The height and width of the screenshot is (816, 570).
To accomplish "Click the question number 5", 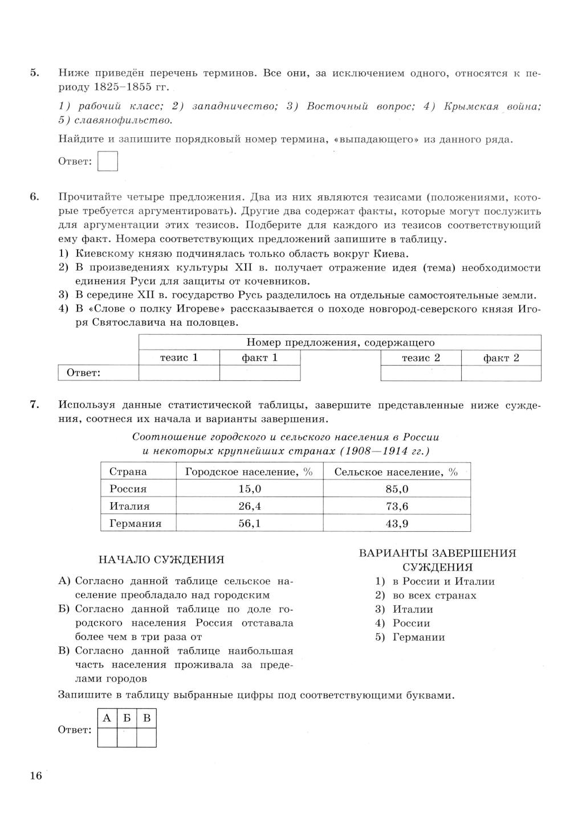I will tap(34, 73).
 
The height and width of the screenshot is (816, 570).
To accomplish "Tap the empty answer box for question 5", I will tap(108, 161).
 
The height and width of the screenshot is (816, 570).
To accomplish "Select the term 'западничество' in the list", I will tap(234, 106).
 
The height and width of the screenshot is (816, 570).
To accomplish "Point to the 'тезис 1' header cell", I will tap(179, 358).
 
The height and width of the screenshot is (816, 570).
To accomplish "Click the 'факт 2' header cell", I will tap(501, 358).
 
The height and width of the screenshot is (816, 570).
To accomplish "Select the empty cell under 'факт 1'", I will tap(260, 373).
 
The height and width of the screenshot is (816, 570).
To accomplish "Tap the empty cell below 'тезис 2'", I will tap(421, 373).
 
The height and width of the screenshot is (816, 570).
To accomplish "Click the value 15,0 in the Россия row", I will tap(249, 489).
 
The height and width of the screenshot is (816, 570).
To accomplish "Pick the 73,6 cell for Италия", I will tap(397, 506).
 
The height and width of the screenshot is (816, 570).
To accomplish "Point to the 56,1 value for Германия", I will tap(249, 523).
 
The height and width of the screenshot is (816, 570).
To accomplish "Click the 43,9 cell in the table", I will tap(397, 523).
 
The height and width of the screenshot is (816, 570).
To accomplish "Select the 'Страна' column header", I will tap(128, 471).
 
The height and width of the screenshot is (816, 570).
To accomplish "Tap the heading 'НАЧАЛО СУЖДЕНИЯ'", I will tap(161, 560).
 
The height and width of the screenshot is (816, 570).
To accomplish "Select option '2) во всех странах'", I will tap(426, 596).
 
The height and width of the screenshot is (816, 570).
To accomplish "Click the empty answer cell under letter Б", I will tap(127, 737).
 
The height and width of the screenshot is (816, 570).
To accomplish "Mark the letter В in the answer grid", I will tap(146, 718).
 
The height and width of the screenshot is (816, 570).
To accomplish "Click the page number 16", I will tap(36, 775).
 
